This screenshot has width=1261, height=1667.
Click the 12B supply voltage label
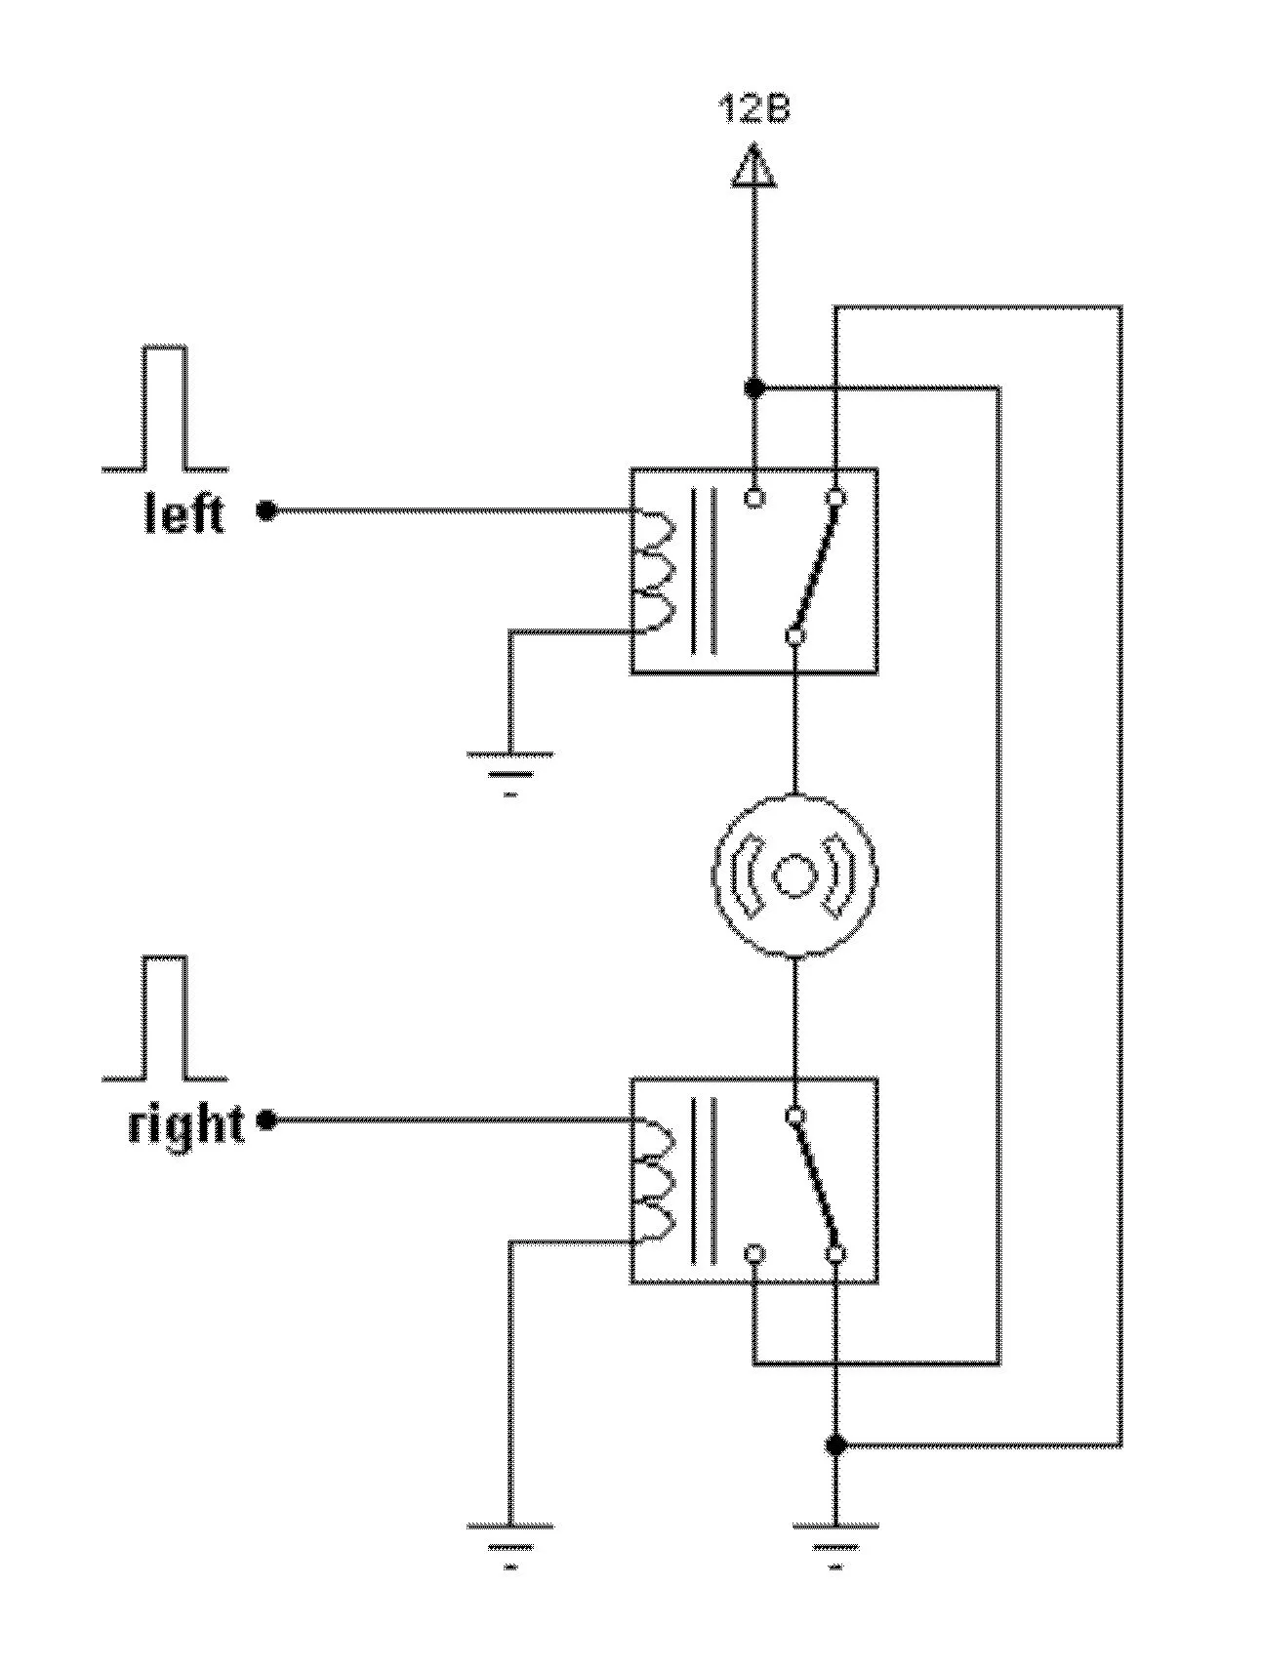click(753, 108)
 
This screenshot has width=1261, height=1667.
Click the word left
click(184, 512)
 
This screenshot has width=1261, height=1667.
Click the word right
click(185, 1124)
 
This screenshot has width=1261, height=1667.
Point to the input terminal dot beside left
click(265, 510)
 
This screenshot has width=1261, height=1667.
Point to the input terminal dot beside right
click(265, 1120)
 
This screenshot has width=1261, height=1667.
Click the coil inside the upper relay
click(652, 572)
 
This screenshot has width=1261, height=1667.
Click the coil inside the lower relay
click(652, 1182)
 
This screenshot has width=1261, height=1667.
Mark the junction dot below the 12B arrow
click(753, 388)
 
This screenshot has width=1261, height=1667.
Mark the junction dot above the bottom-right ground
click(835, 1444)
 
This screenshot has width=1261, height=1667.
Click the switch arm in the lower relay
click(816, 1185)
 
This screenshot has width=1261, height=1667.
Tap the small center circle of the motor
click(794, 874)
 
